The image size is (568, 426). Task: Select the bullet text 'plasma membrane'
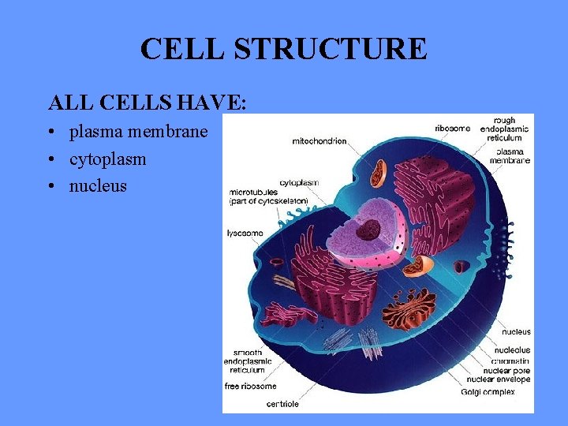click(x=138, y=132)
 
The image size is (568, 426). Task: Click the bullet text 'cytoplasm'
click(x=107, y=159)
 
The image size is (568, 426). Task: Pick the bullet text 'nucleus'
click(x=98, y=186)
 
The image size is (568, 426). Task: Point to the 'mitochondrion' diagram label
click(x=319, y=142)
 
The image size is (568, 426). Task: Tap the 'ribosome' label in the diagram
click(x=453, y=129)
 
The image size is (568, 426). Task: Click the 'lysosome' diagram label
click(x=245, y=234)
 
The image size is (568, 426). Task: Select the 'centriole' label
click(x=282, y=404)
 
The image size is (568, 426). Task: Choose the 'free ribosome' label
click(x=251, y=387)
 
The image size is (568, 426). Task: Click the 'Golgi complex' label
click(x=488, y=391)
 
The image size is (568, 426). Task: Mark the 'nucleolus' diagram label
click(x=512, y=350)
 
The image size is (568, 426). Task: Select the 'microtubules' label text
click(x=253, y=192)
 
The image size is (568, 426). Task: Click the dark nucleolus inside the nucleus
click(x=368, y=230)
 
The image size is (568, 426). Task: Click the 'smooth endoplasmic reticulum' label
click(x=250, y=361)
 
